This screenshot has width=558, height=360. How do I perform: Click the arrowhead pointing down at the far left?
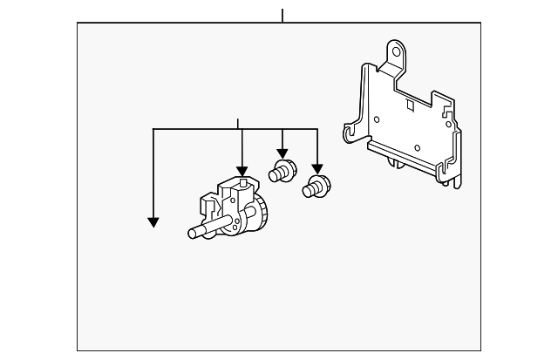pyautogui.click(x=153, y=222)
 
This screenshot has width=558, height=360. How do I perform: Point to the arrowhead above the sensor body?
pyautogui.click(x=240, y=171)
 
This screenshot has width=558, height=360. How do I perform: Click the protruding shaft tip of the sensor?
pyautogui.click(x=193, y=233)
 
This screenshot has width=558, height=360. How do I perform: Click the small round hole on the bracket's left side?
pyautogui.click(x=376, y=119)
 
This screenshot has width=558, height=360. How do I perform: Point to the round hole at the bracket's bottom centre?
pyautogui.click(x=418, y=147)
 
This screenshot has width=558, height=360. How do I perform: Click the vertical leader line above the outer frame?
pyautogui.click(x=282, y=15)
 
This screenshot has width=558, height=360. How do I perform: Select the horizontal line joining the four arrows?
pyautogui.click(x=235, y=129)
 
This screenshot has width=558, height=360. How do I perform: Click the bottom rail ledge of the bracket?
pyautogui.click(x=410, y=161)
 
